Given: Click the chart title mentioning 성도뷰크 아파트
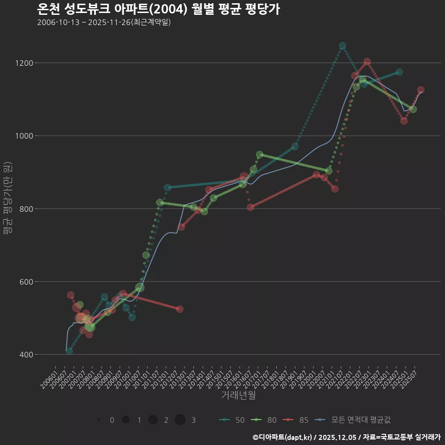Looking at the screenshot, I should coord(158,9).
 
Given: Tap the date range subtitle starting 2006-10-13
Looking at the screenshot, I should coord(104,22).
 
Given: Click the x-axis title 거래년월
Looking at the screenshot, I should coord(238,395).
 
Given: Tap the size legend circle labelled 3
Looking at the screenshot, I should coord(180,420).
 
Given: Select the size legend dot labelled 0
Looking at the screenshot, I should coord(99,420).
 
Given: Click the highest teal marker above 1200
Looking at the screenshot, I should coord(343,46).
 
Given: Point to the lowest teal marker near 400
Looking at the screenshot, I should coord(69,351).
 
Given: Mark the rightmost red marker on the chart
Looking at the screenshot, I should coord(421,90).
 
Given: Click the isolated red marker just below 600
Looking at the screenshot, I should coord(180,309).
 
